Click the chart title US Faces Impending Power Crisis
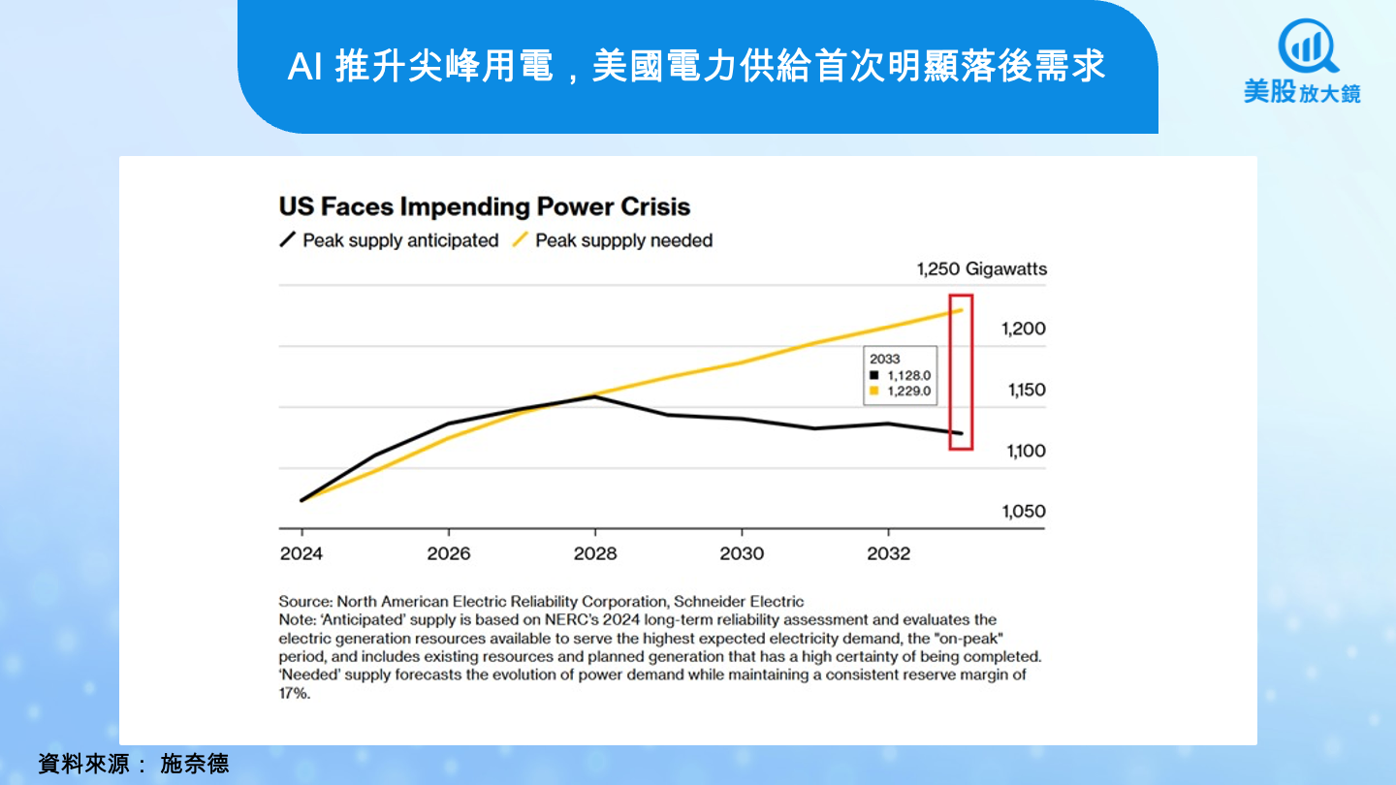[x=484, y=206]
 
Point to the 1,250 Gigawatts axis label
[x=981, y=268]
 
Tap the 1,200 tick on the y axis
[x=1023, y=329]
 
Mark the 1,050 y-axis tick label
[x=1023, y=512]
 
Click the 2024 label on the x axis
[x=301, y=553]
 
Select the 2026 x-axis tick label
[x=448, y=553]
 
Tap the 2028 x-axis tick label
[x=595, y=553]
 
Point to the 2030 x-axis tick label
[x=742, y=553]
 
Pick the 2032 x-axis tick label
[x=888, y=553]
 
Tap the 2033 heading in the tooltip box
[x=884, y=359]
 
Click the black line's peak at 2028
[x=595, y=396]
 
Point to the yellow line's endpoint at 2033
[x=961, y=310]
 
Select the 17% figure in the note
[x=294, y=695]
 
